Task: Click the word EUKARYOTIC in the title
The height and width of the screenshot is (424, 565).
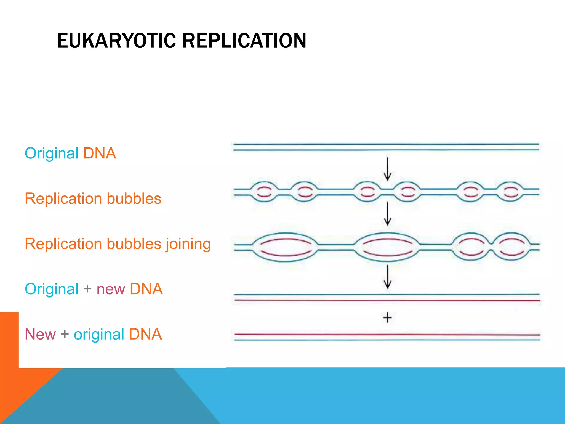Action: (x=116, y=41)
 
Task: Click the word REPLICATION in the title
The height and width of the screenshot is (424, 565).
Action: (x=244, y=41)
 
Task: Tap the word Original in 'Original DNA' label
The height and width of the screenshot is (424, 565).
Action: (x=52, y=153)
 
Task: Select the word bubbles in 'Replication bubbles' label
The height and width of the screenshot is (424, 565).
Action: (x=134, y=198)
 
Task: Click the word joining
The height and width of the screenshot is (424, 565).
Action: (x=188, y=244)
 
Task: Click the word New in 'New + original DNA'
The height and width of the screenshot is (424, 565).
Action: (x=40, y=334)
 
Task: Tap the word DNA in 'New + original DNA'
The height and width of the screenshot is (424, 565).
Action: (x=145, y=334)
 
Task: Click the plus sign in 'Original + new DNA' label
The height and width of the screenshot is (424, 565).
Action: (x=87, y=289)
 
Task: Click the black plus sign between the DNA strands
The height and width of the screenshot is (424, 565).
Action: (x=387, y=317)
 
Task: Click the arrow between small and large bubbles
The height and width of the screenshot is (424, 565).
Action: (x=387, y=213)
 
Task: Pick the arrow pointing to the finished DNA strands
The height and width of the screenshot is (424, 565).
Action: (x=387, y=277)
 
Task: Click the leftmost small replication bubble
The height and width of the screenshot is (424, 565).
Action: (x=264, y=192)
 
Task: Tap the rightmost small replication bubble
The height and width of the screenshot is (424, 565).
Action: (x=510, y=192)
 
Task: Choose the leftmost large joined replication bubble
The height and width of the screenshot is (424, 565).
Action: (x=286, y=247)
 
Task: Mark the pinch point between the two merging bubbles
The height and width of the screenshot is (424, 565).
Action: (x=491, y=247)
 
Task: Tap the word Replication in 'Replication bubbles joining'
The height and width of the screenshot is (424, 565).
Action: (x=63, y=244)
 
